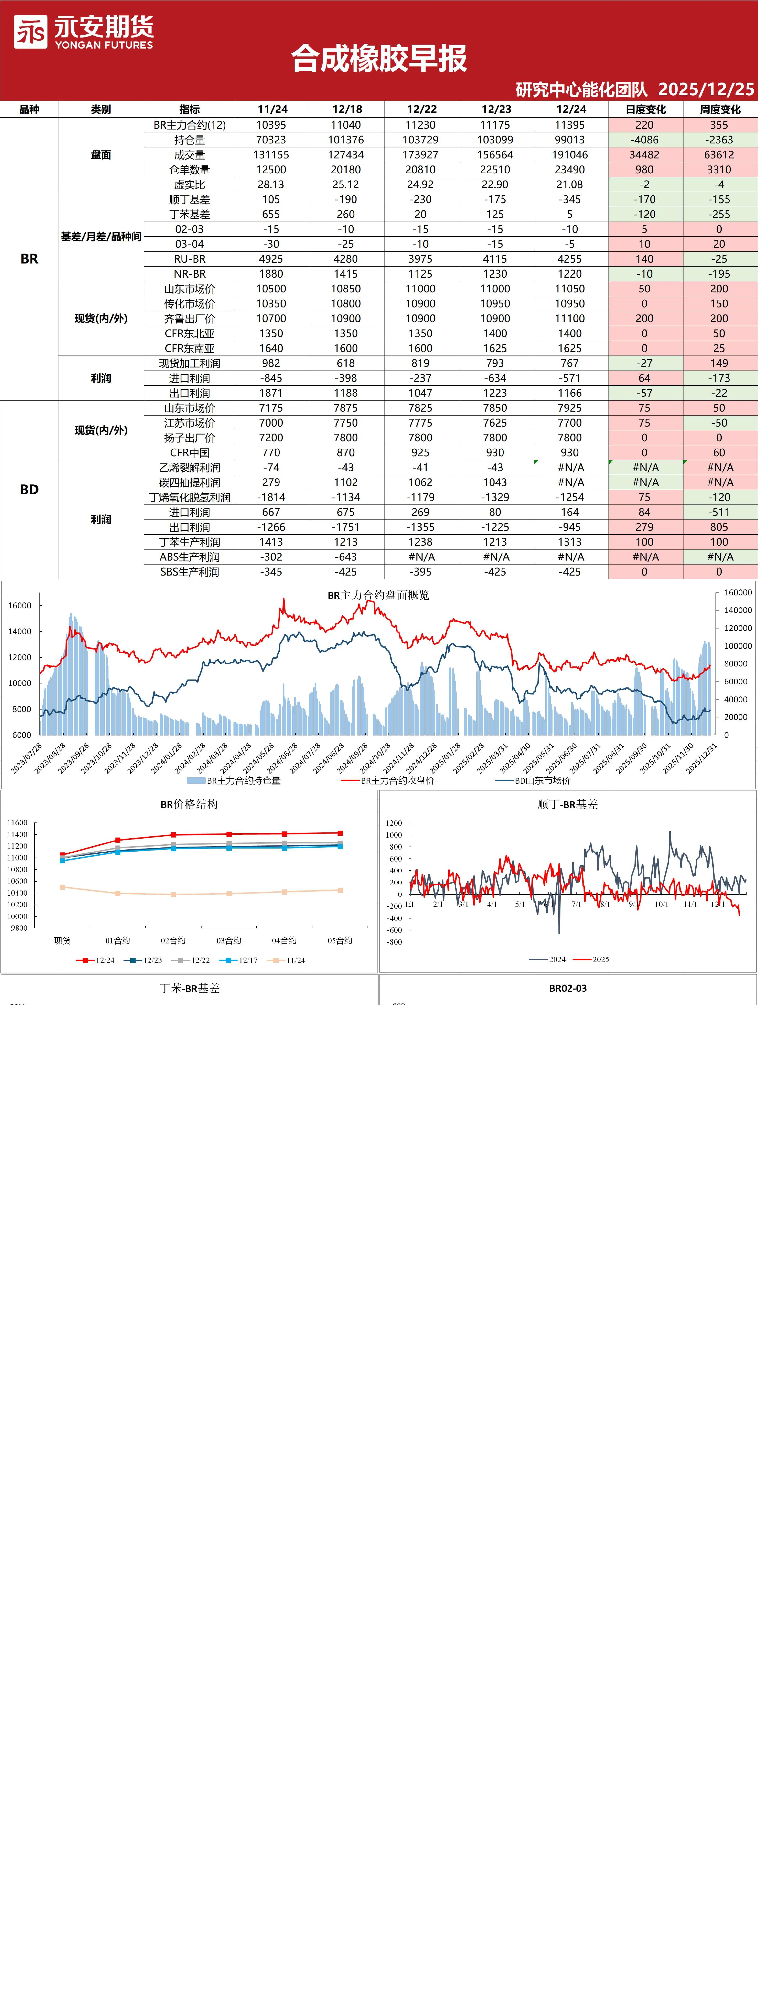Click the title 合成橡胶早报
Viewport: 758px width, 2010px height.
[379, 58]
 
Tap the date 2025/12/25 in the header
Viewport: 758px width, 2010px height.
[707, 89]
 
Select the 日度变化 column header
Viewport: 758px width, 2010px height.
[646, 109]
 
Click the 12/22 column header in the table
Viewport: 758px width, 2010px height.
[421, 109]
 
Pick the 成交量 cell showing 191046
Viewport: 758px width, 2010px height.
[570, 154]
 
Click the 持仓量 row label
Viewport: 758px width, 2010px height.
[190, 140]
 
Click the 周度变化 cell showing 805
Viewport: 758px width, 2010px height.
[719, 527]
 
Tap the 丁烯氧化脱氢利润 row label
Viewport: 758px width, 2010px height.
[190, 497]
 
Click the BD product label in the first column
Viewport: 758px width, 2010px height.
[29, 489]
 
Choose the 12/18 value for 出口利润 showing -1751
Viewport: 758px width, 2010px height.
[346, 527]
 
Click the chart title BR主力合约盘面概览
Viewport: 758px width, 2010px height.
[378, 595]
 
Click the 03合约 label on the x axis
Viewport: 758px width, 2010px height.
[228, 940]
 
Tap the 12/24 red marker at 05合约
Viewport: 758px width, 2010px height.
[340, 833]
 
